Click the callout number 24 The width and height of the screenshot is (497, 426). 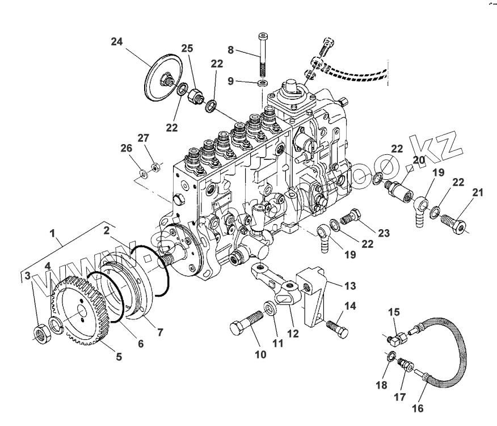[117, 42]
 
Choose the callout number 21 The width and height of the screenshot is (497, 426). [478, 193]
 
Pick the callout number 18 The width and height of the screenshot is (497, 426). [381, 385]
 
